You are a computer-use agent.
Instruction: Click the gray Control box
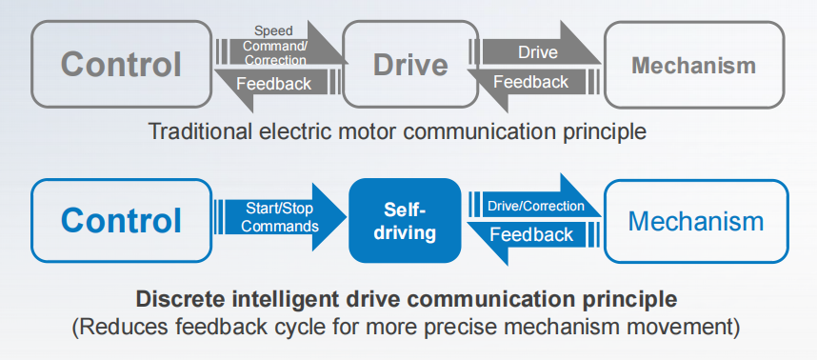coord(121,65)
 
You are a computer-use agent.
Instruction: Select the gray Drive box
coord(409,65)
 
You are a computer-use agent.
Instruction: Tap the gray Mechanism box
coord(693,65)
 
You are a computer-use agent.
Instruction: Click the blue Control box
coord(121,220)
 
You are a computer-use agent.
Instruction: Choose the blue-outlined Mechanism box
coord(695,221)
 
